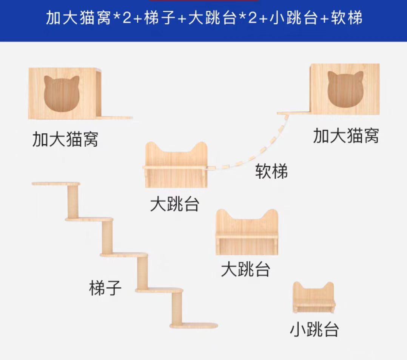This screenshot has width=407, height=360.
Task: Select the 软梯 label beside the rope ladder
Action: pos(271,171)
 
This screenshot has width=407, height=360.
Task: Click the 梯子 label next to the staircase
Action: pos(105,288)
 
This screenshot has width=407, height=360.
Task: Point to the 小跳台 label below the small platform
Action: pos(314,329)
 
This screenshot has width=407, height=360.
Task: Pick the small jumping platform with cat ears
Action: pos(314,297)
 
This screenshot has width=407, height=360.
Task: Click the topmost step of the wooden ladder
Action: pos(56,184)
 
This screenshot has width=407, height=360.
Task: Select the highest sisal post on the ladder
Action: pos(73,201)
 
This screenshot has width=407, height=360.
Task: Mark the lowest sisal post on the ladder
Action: pos(176,307)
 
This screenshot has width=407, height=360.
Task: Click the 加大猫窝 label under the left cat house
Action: pos(65,139)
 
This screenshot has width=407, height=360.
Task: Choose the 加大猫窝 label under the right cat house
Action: pos(345,136)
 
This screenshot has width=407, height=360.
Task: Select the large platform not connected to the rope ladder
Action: pos(247,232)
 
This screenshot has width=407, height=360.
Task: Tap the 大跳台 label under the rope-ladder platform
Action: pos(174,204)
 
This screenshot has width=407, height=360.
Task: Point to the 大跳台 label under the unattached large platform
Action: pos(245,270)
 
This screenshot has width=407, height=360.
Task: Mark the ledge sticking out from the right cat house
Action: pos(293,113)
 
